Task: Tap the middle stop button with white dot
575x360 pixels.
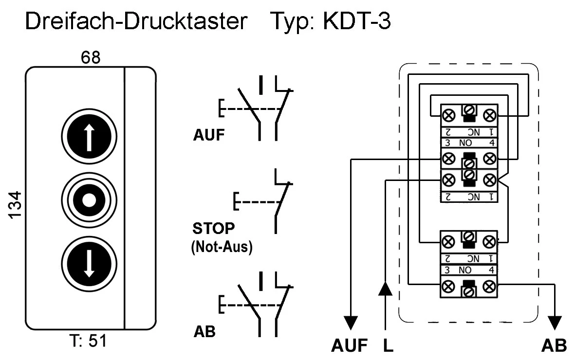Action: coord(90,199)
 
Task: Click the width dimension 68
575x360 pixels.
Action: coord(91,58)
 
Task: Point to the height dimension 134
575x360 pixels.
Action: coord(16,205)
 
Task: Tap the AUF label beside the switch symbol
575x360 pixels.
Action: coord(209,135)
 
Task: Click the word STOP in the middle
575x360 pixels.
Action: coord(213,228)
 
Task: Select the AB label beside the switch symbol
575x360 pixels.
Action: coord(204,331)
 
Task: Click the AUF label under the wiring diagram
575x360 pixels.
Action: coord(349,346)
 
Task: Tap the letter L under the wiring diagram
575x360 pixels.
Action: coord(388,346)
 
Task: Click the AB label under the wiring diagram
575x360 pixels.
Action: coord(554,346)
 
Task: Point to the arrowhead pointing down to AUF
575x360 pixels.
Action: coord(351,323)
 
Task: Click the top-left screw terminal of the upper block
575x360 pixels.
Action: coord(448,116)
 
